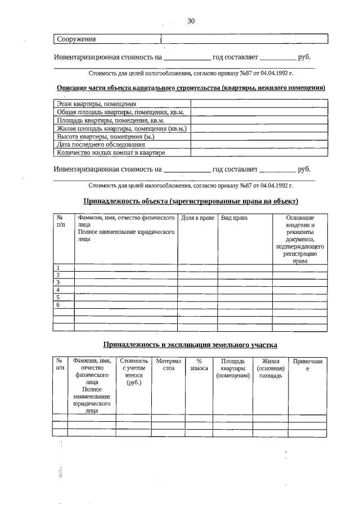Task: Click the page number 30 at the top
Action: (191, 21)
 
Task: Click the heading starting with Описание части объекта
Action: (191, 88)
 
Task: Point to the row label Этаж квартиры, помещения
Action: (96, 104)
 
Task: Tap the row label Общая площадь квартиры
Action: (120, 112)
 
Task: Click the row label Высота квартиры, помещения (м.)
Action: (105, 136)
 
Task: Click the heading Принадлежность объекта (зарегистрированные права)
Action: (191, 201)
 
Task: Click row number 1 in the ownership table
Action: (58, 268)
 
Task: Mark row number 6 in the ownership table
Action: (58, 304)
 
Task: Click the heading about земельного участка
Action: (190, 344)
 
